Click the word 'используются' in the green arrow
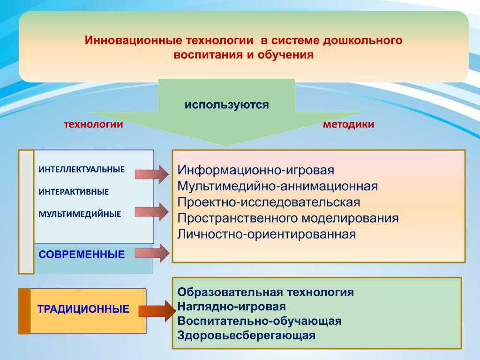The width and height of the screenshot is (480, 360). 227,105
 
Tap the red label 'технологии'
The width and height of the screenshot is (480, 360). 93,124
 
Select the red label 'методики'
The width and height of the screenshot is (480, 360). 349,124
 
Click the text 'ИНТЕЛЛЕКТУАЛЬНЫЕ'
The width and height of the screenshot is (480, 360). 82,169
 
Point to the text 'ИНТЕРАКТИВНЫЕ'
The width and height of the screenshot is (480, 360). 74,192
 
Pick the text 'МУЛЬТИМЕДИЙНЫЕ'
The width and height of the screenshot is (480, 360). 80,214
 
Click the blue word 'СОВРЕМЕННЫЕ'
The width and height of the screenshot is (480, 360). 82,255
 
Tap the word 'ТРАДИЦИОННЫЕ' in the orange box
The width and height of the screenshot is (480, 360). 83,309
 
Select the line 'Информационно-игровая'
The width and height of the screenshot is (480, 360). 255,170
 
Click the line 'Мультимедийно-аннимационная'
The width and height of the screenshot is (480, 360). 277,186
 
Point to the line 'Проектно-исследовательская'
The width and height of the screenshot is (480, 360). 269,202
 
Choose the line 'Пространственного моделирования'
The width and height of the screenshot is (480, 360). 288,218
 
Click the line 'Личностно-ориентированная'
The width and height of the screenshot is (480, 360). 267,234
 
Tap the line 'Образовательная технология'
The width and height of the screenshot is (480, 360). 265,292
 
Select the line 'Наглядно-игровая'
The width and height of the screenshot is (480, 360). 232,307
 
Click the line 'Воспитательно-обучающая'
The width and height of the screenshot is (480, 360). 260,321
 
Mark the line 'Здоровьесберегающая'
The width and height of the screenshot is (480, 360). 246,336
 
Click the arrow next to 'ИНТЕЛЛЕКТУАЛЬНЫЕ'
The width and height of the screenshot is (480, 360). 152,174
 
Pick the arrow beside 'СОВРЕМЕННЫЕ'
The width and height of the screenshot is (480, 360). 152,253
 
